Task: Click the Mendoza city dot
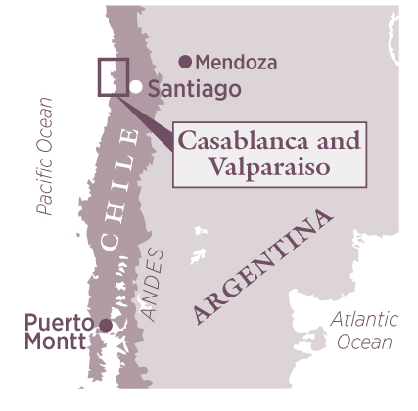(185, 62)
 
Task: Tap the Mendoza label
(236, 63)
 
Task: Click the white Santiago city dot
(137, 87)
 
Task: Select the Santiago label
(194, 89)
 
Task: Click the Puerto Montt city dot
(105, 323)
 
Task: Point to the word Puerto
(55, 322)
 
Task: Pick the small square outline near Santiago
(113, 76)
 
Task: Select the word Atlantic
(364, 319)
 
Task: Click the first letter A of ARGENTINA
(203, 312)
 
